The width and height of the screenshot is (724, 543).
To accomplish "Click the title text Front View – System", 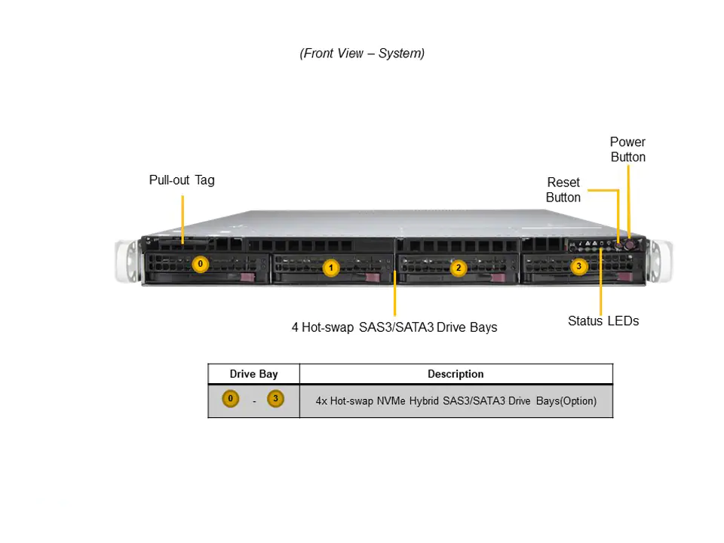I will point(362,54).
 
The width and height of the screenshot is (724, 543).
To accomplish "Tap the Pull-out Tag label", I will point(182,180).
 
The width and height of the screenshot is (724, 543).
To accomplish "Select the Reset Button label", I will point(563,190).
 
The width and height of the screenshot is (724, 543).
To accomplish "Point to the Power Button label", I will point(627,149).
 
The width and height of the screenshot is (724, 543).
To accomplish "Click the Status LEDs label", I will point(603,321).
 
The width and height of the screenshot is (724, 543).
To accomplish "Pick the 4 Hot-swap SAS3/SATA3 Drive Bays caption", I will point(394,327).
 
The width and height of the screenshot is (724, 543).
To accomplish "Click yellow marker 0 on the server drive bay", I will point(200,264).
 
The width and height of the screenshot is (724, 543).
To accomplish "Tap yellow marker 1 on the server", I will point(330,267).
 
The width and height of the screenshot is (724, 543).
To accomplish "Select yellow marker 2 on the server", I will point(457,268).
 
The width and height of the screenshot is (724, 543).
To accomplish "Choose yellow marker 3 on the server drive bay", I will point(578,266).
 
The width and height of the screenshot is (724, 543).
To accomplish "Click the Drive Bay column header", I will point(253,374).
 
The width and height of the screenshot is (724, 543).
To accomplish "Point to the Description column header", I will point(456,374).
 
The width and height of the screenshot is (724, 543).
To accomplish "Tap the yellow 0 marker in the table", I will point(231,400).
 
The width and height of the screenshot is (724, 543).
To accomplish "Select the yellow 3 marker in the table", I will point(275,400).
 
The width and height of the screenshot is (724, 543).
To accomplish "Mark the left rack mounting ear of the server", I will point(125,261).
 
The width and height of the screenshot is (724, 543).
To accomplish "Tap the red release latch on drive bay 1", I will point(372,278).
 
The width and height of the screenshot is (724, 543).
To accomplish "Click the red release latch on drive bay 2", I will point(497,278).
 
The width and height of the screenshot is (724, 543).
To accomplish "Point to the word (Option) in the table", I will point(578,401).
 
